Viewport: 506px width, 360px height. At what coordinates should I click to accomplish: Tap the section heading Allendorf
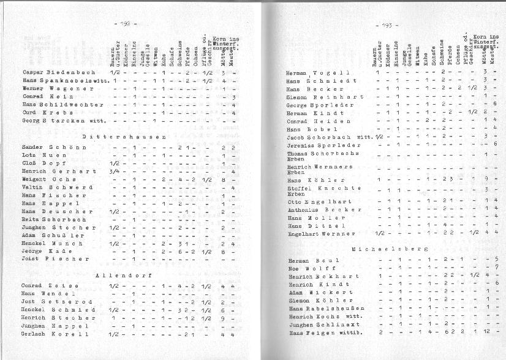pyautogui.click(x=123, y=276)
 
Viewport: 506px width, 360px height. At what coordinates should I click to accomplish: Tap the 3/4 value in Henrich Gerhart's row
pyautogui.click(x=114, y=171)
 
